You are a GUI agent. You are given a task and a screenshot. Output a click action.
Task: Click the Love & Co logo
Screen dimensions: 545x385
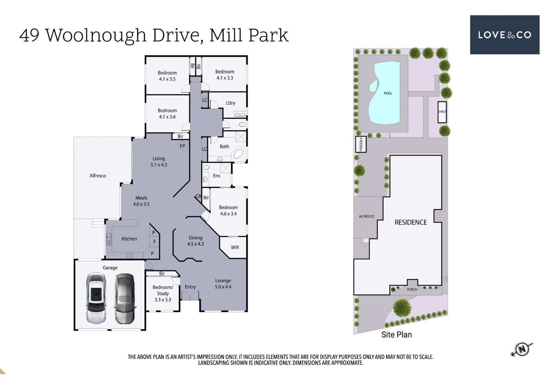tap(504, 35)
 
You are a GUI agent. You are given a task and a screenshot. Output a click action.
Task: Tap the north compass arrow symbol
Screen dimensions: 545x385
tap(522, 349)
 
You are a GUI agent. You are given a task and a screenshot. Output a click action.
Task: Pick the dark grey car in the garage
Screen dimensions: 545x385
tap(124, 299)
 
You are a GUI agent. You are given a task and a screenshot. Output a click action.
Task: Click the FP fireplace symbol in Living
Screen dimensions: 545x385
tap(183, 146)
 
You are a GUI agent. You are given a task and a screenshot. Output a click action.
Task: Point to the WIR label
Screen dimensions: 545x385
tap(235, 247)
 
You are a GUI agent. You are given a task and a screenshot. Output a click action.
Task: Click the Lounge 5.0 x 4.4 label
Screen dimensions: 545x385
tap(223, 284)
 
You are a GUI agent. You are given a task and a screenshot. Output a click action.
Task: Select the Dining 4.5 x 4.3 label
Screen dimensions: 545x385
tap(196, 241)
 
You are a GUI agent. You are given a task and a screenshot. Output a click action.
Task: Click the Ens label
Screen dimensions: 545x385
tap(217, 176)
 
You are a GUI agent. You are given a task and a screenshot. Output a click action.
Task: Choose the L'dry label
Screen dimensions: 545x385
tap(230, 103)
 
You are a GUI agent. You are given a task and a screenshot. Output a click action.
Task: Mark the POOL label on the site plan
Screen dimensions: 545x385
tap(388, 93)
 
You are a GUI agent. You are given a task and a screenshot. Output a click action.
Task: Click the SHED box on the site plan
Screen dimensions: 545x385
tap(442, 112)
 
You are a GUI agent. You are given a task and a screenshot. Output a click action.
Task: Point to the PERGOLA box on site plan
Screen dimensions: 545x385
tap(361, 144)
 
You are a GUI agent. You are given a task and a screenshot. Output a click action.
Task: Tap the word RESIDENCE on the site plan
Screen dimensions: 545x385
tap(411, 222)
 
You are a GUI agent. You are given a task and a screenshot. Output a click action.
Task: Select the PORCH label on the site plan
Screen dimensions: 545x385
tap(412, 289)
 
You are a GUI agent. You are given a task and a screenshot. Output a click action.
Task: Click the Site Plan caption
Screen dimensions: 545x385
tap(397, 335)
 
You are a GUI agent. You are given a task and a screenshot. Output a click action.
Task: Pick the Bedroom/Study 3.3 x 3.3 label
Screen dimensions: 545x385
tap(163, 293)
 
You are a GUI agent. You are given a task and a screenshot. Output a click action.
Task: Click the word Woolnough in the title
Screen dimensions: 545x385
tap(96, 35)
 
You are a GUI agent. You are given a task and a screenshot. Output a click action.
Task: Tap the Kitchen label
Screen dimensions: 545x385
tap(129, 239)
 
